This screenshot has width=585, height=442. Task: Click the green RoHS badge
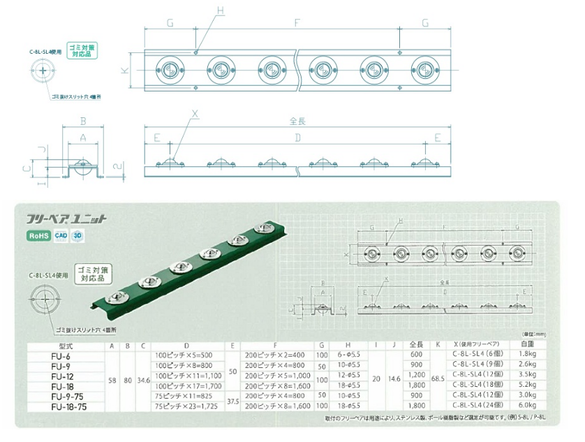click(39, 235)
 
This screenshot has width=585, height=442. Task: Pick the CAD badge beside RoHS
click(61, 235)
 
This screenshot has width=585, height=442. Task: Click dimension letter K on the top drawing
click(124, 70)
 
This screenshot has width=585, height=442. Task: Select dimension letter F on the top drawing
click(297, 22)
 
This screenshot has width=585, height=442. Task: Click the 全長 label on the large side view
click(297, 121)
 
